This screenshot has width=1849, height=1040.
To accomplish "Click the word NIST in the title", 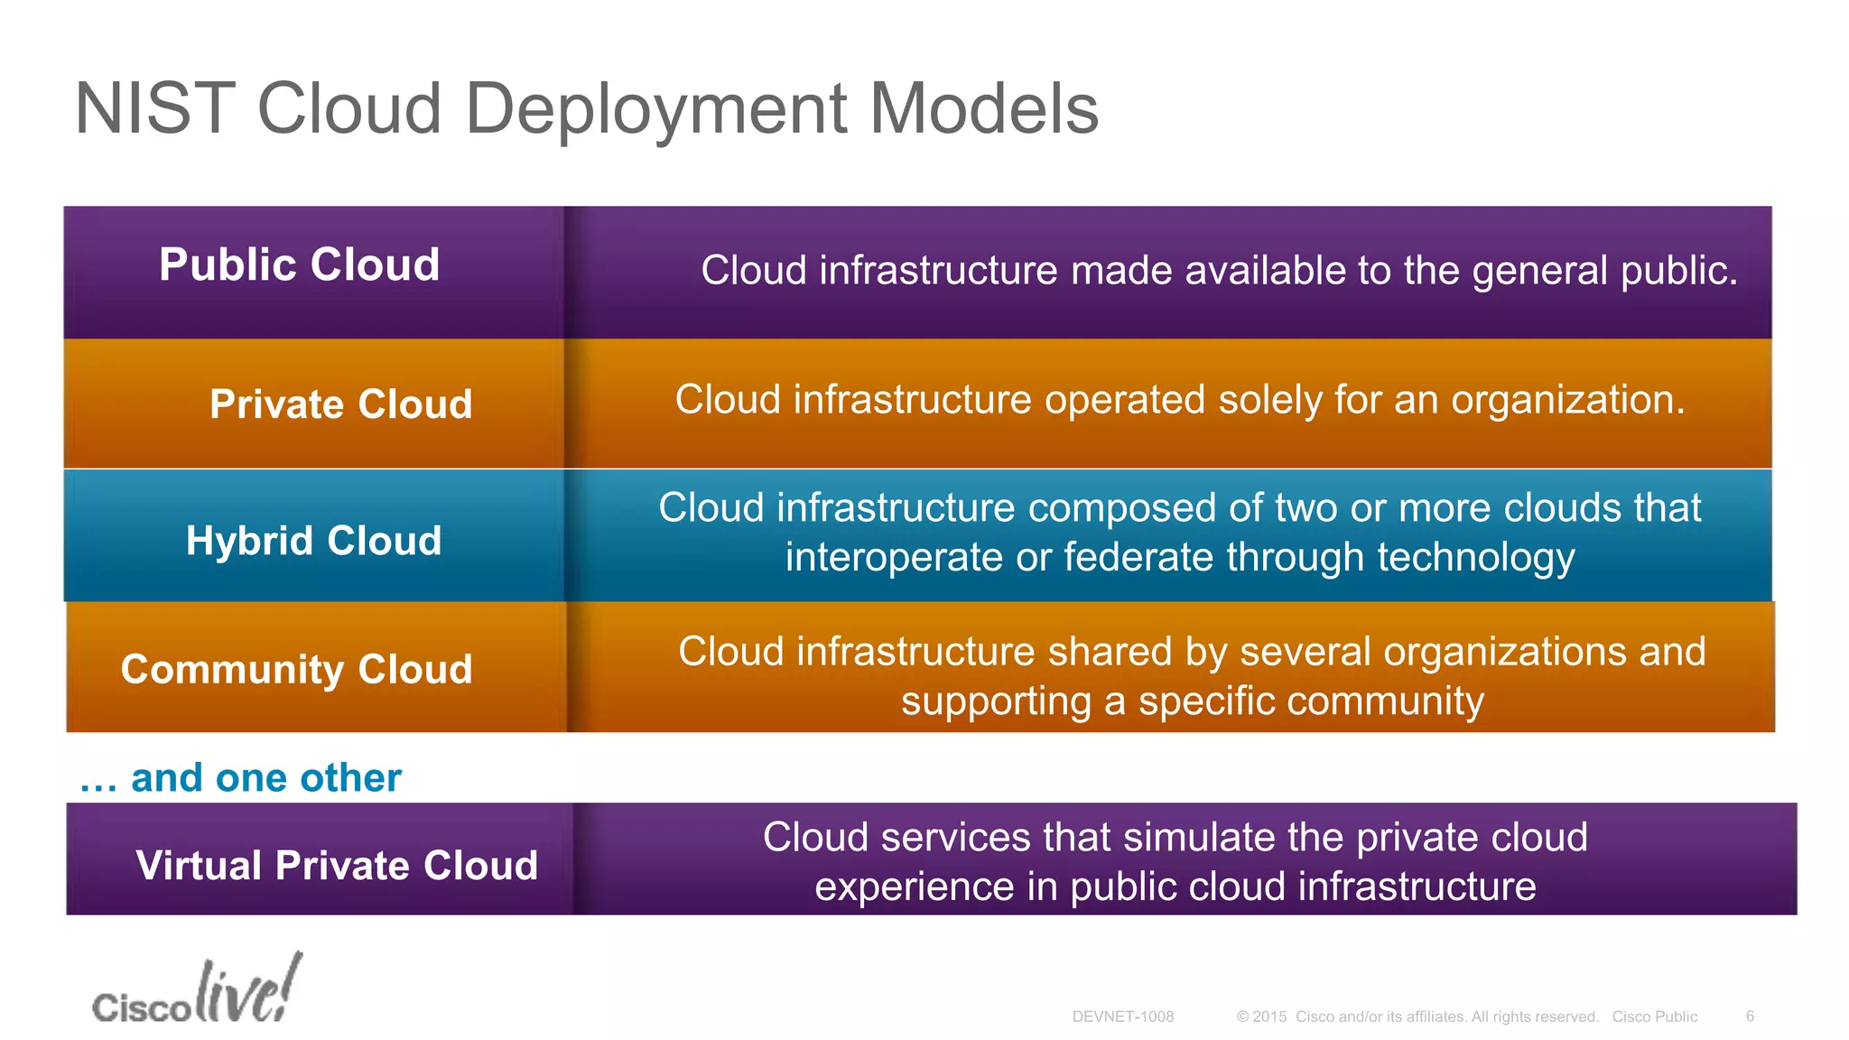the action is (155, 109).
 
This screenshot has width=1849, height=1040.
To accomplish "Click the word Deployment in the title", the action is (655, 109).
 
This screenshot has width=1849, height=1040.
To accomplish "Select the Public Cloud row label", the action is (299, 265).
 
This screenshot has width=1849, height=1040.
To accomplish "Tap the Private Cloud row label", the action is (340, 404).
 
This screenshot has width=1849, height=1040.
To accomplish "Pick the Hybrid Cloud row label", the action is (313, 541).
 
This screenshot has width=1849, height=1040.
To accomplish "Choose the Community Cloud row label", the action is (296, 669).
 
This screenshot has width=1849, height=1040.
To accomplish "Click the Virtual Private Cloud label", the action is (337, 865).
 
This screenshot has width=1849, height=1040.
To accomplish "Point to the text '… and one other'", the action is (240, 777).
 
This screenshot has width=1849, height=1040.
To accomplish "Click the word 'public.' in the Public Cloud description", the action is (1678, 271).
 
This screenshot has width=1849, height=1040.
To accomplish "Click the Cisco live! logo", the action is (197, 991).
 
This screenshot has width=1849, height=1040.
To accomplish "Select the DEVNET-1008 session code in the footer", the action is (1122, 1017).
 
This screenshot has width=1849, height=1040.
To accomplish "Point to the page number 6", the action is (1750, 1017).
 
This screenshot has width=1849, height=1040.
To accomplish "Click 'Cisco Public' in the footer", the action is (1654, 1017).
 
